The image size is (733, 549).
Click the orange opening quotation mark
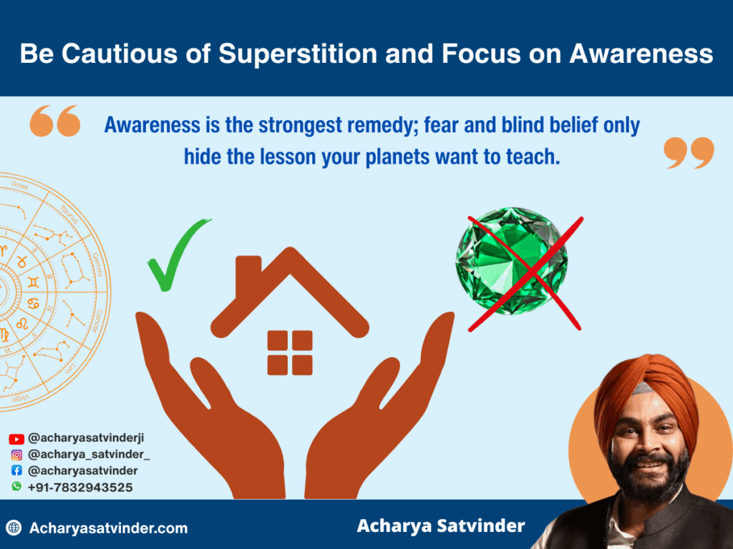tap(54, 122)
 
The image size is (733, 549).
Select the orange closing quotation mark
tap(689, 153)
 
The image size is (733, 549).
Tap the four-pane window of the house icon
tap(290, 352)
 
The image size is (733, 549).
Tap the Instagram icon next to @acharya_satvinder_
tap(16, 455)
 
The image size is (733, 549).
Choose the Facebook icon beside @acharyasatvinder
tap(16, 471)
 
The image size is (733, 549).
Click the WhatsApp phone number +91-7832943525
tap(80, 487)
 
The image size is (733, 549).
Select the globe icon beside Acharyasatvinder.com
tap(14, 528)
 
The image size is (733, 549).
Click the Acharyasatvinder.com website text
tap(108, 528)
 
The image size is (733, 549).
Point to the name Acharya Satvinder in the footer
tap(440, 526)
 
